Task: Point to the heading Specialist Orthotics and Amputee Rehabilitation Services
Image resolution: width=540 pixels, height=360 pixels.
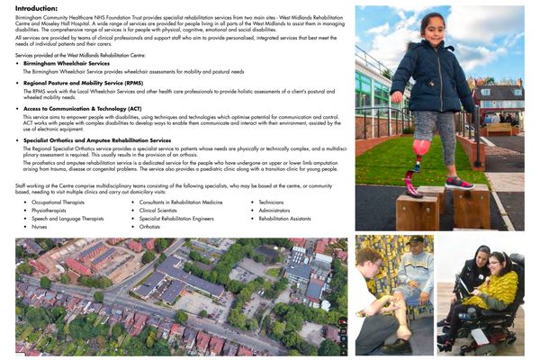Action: pos(97,140)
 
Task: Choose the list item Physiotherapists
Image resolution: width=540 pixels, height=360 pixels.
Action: pos(50,211)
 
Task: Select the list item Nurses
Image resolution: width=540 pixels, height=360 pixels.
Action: pos(40,227)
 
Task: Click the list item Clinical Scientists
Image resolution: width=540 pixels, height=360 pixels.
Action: pos(160,211)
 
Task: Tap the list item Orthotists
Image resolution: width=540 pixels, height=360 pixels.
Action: pos(150,227)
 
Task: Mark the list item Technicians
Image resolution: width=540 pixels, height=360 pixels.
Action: pos(272,202)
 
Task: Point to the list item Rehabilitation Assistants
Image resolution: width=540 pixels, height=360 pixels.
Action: pos(285,219)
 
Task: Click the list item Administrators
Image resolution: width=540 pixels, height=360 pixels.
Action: pos(276,211)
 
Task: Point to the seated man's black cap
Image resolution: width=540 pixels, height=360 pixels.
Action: pos(415,240)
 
